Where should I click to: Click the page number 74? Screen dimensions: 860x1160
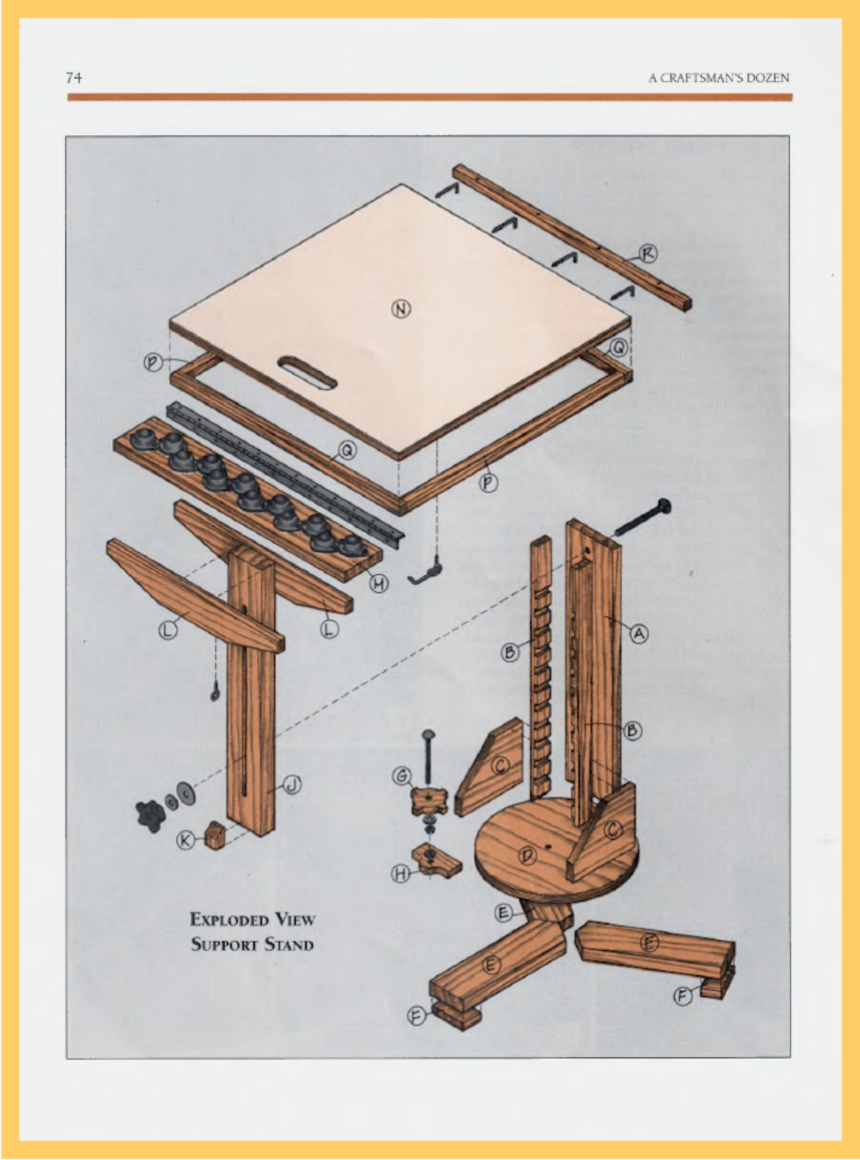(x=74, y=77)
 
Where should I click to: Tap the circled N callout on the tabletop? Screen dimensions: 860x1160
(x=401, y=309)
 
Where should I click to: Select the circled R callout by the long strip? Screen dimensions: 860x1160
(x=647, y=254)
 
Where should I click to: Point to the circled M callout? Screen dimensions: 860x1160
(x=379, y=583)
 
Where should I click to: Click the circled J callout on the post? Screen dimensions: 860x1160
(x=292, y=785)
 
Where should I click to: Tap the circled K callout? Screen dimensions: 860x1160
(x=185, y=839)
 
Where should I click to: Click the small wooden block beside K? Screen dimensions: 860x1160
(x=214, y=836)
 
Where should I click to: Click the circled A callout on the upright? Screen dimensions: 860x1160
(x=639, y=633)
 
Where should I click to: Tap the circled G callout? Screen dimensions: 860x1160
(x=402, y=775)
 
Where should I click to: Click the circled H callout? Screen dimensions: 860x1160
(x=401, y=873)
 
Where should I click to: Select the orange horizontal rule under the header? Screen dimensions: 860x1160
(x=429, y=97)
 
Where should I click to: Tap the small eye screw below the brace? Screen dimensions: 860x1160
(x=214, y=694)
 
